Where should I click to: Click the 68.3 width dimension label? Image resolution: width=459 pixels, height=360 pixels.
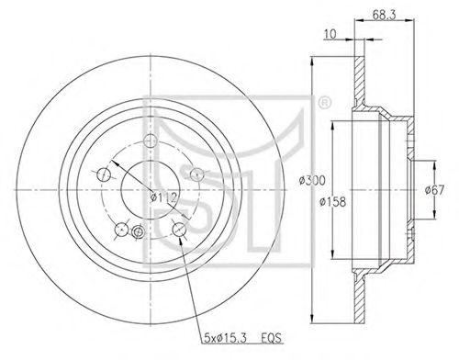tap(384, 15)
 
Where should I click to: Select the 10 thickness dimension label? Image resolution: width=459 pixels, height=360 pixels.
tap(330, 34)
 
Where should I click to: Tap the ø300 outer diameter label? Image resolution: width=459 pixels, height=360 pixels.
tap(312, 181)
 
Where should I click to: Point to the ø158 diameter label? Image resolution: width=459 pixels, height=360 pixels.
tap(332, 202)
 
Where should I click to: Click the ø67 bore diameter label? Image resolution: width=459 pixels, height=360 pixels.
tap(434, 190)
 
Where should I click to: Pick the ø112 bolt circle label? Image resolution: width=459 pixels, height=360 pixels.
tap(163, 197)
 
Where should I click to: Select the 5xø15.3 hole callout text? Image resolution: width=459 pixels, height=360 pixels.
tap(226, 338)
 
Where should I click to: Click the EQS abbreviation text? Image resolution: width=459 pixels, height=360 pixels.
tap(271, 338)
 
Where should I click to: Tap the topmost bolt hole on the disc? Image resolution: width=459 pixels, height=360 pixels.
tap(151, 141)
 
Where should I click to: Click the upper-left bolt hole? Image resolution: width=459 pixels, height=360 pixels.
tap(104, 174)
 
